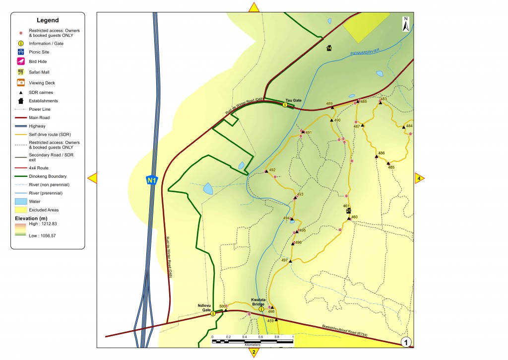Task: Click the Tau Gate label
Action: click(294, 100)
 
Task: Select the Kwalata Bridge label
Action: click(261, 302)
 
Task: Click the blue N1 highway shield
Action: click(151, 180)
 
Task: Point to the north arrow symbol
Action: click(406, 24)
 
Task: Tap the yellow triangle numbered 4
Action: click(419, 178)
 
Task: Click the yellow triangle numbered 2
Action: click(254, 352)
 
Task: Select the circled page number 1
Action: click(406, 342)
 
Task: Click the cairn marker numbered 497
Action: click(291, 261)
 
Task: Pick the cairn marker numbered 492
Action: click(266, 171)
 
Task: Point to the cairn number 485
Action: click(391, 167)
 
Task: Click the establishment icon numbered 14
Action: click(329, 48)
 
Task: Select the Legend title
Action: click(48, 20)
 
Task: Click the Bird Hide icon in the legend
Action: click(21, 62)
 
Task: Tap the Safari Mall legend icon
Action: click(21, 72)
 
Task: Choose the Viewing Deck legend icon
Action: click(21, 82)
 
